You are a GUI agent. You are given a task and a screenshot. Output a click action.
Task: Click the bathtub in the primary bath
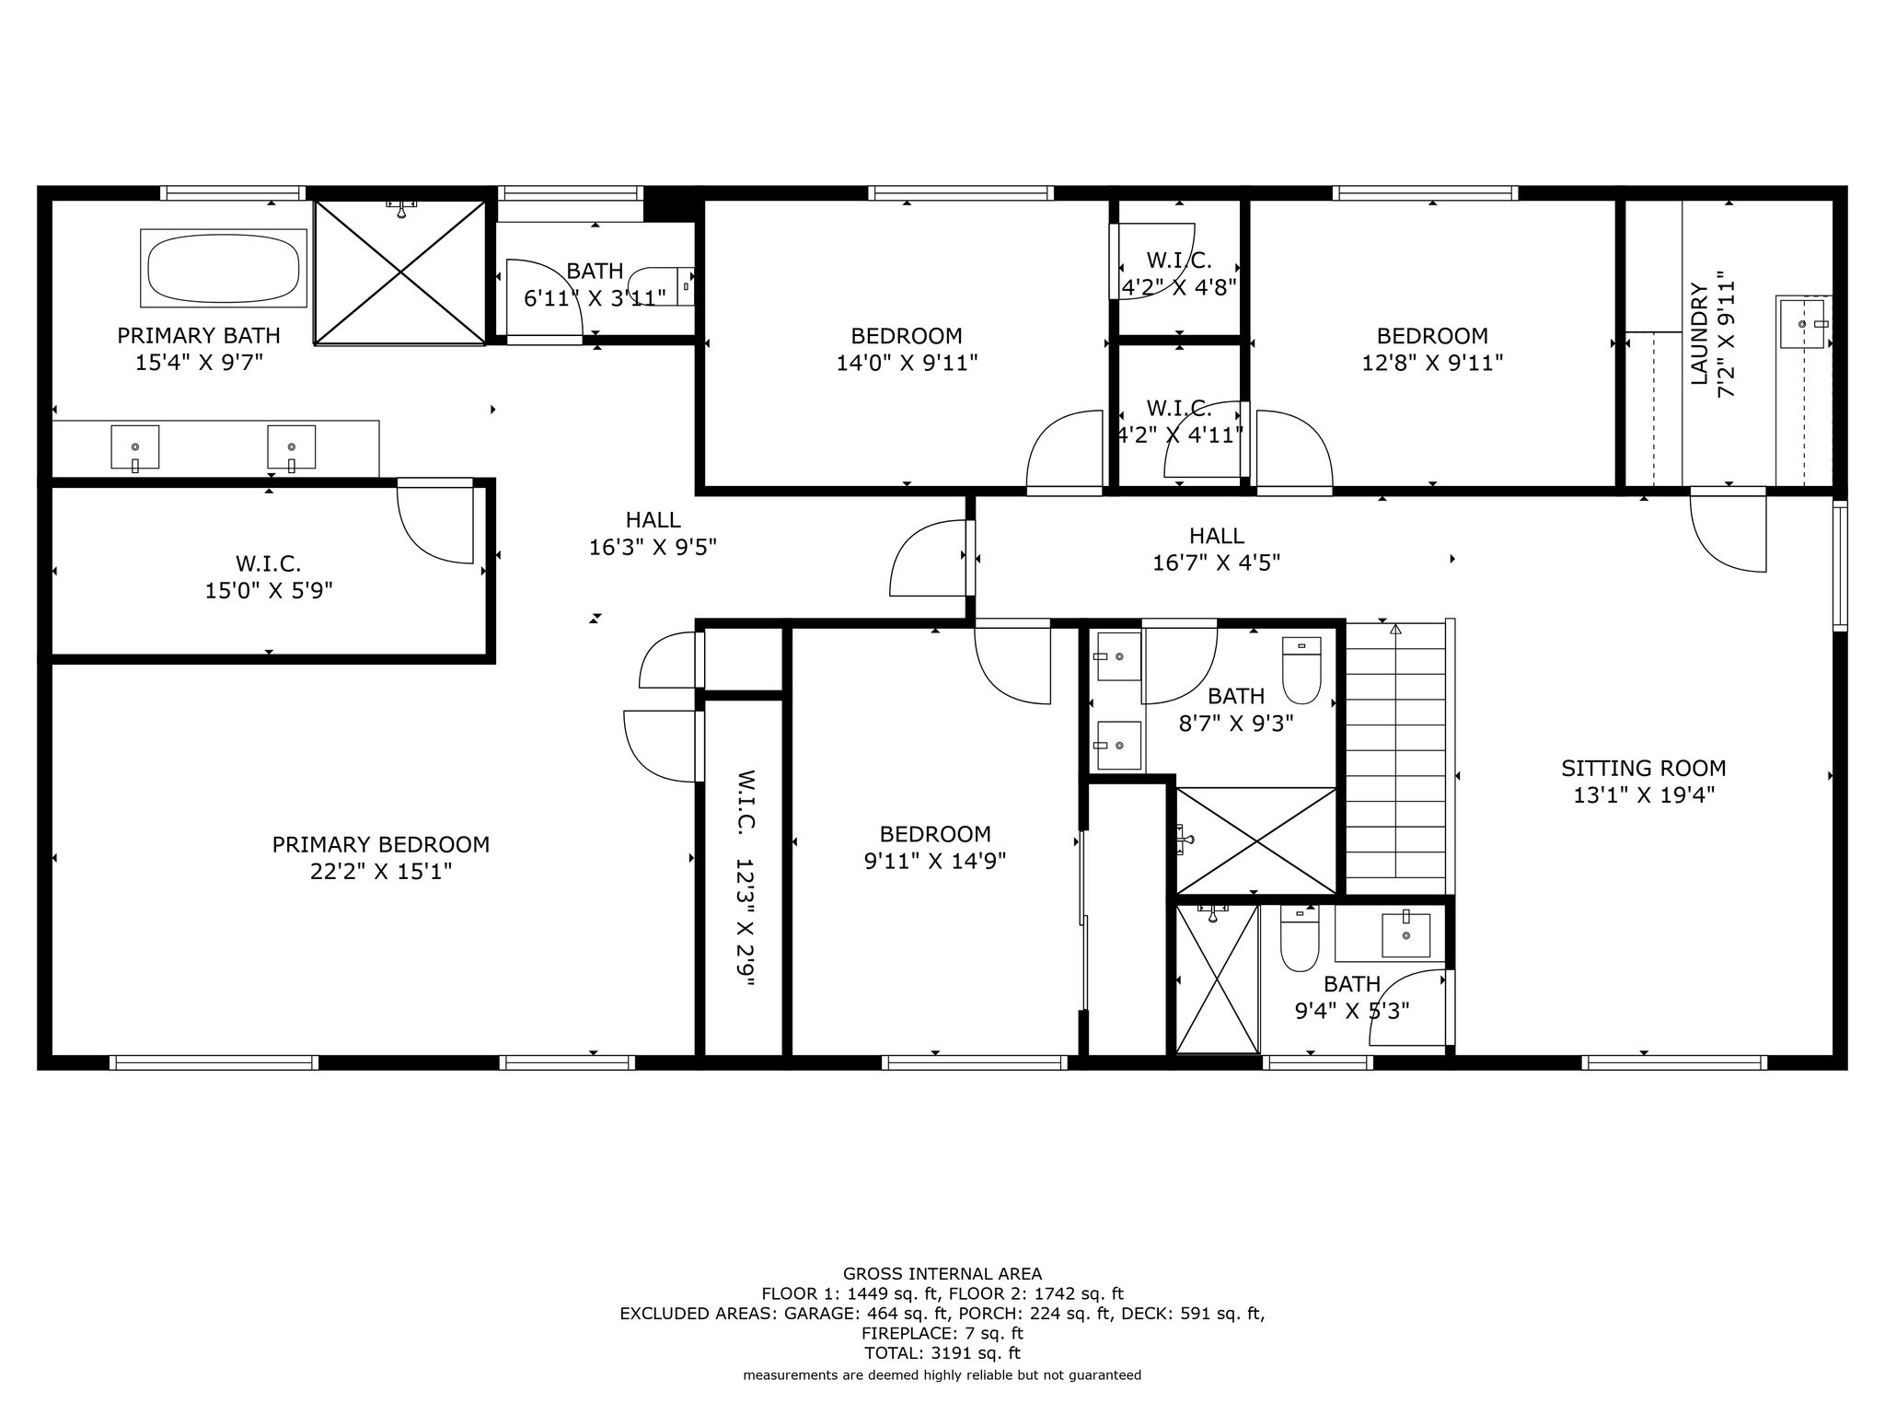(x=224, y=268)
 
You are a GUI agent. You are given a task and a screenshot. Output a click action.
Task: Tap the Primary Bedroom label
(x=381, y=844)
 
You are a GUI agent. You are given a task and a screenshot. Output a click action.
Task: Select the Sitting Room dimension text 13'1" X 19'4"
(x=1644, y=795)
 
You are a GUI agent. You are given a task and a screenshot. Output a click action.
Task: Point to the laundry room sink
(x=1803, y=323)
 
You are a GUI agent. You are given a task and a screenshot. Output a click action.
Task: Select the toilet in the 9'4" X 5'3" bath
(x=1300, y=938)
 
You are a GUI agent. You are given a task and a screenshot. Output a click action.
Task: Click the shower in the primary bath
(x=400, y=272)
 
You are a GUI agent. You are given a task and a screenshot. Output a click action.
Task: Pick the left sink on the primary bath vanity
(x=135, y=447)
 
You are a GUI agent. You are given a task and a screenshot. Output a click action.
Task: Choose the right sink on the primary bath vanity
(x=292, y=447)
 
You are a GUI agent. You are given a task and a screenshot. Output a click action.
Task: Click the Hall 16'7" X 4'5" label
(x=1217, y=549)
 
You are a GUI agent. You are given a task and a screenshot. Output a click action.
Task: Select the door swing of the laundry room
(x=1728, y=532)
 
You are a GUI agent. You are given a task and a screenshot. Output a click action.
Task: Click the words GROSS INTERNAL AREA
(x=942, y=1274)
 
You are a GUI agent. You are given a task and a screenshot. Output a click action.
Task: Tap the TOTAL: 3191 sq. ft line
(x=942, y=1353)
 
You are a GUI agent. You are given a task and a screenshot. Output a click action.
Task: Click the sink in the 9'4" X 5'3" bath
(x=1406, y=935)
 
